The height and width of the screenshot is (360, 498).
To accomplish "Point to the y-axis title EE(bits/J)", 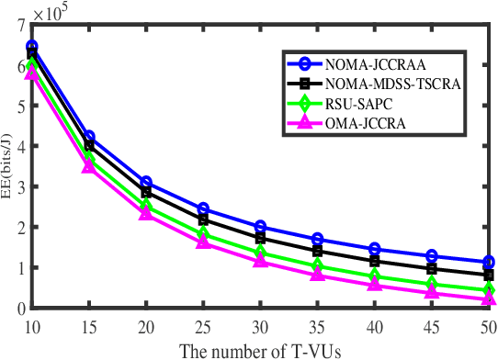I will [8, 165].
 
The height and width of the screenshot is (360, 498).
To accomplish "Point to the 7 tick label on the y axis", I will [20, 25].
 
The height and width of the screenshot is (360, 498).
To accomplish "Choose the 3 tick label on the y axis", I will [20, 186].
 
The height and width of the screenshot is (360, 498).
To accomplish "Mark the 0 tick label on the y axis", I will [20, 309].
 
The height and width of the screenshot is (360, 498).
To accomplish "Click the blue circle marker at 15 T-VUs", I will [89, 137].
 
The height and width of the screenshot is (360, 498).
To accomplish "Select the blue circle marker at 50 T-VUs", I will [487, 262].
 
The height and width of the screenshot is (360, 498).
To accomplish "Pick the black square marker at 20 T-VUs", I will [146, 193].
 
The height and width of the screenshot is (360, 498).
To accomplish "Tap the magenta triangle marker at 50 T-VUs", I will [487, 298].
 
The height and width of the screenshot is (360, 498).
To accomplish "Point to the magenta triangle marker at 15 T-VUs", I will [89, 166].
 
